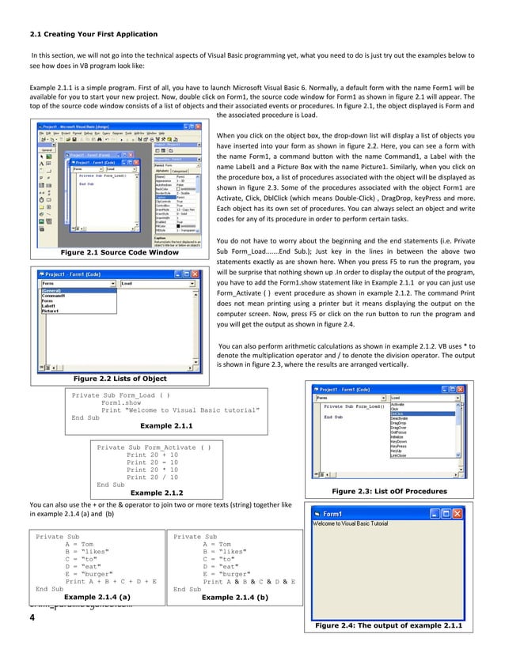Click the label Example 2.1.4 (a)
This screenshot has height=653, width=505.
click(97, 597)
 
